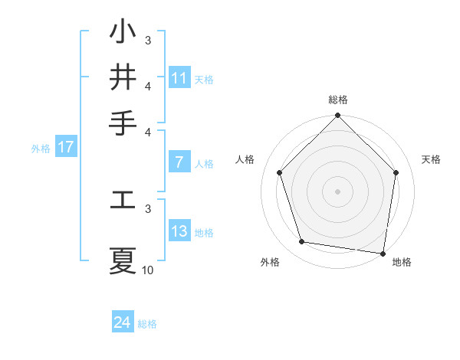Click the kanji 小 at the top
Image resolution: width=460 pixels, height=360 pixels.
pos(123,33)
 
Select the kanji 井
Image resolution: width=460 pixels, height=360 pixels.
pos(123,77)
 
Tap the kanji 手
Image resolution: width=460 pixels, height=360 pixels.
pos(123,122)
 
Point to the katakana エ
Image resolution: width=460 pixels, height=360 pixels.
pos(123,200)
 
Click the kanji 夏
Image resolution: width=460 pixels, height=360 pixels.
pos(123,260)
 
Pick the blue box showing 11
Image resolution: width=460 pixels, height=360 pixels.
pos(179,77)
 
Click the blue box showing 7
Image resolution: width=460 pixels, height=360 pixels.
pos(179,162)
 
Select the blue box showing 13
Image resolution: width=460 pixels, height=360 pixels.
pos(179,231)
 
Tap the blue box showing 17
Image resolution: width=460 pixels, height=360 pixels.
pos(66,147)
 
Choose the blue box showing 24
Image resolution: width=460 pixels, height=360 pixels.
pos(123,322)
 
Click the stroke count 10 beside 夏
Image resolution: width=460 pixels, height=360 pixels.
pos(148,270)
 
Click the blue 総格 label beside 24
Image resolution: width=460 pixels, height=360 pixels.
pos(148,324)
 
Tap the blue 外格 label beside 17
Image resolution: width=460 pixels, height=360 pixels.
pos(41,149)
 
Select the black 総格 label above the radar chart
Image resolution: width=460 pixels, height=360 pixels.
pos(338,100)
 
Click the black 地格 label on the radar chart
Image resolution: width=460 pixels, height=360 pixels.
pos(402,262)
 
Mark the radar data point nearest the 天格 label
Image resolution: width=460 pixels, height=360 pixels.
pos(396,173)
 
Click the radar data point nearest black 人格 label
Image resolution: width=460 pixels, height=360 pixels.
pos(279,172)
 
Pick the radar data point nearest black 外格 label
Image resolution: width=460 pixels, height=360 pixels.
pos(302,242)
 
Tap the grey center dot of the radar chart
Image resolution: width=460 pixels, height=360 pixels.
pos(338,191)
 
